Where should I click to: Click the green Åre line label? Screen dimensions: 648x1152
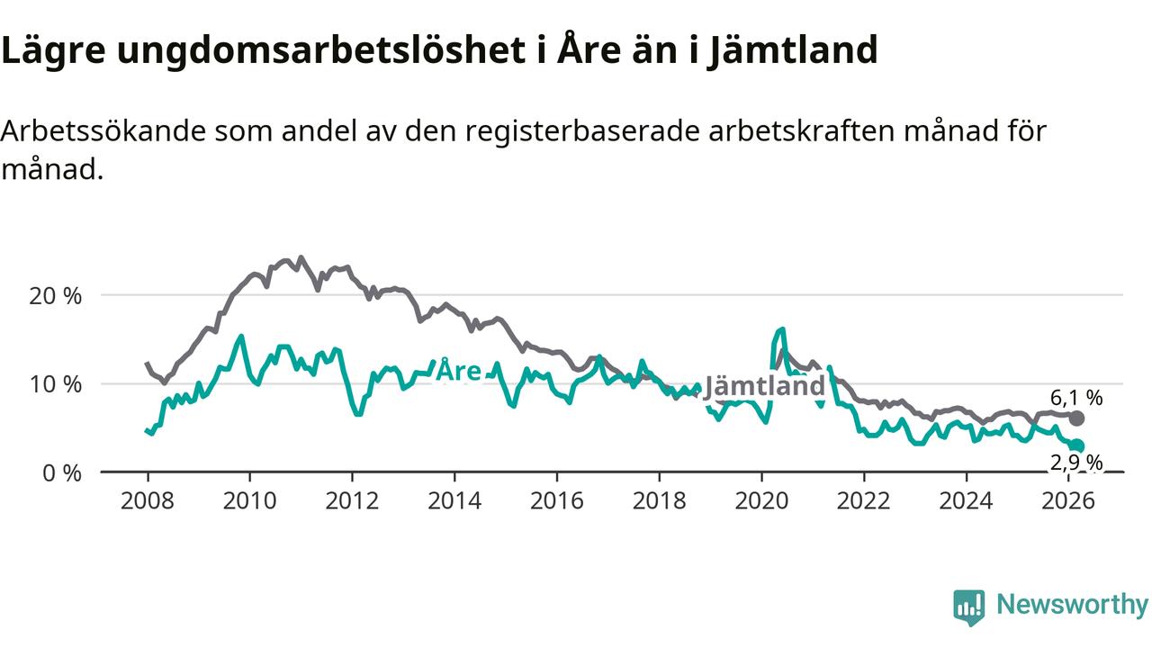[458, 372]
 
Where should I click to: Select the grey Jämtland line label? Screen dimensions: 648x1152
[764, 386]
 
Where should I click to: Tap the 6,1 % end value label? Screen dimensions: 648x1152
[1076, 398]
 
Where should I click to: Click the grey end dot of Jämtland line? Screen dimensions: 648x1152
[1077, 418]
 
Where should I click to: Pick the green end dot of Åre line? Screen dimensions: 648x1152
[1077, 445]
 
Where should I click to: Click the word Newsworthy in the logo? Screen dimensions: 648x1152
[1072, 605]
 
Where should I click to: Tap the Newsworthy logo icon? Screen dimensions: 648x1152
[969, 607]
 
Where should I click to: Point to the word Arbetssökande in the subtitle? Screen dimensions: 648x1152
[103, 131]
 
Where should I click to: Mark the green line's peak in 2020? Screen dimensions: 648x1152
[781, 329]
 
